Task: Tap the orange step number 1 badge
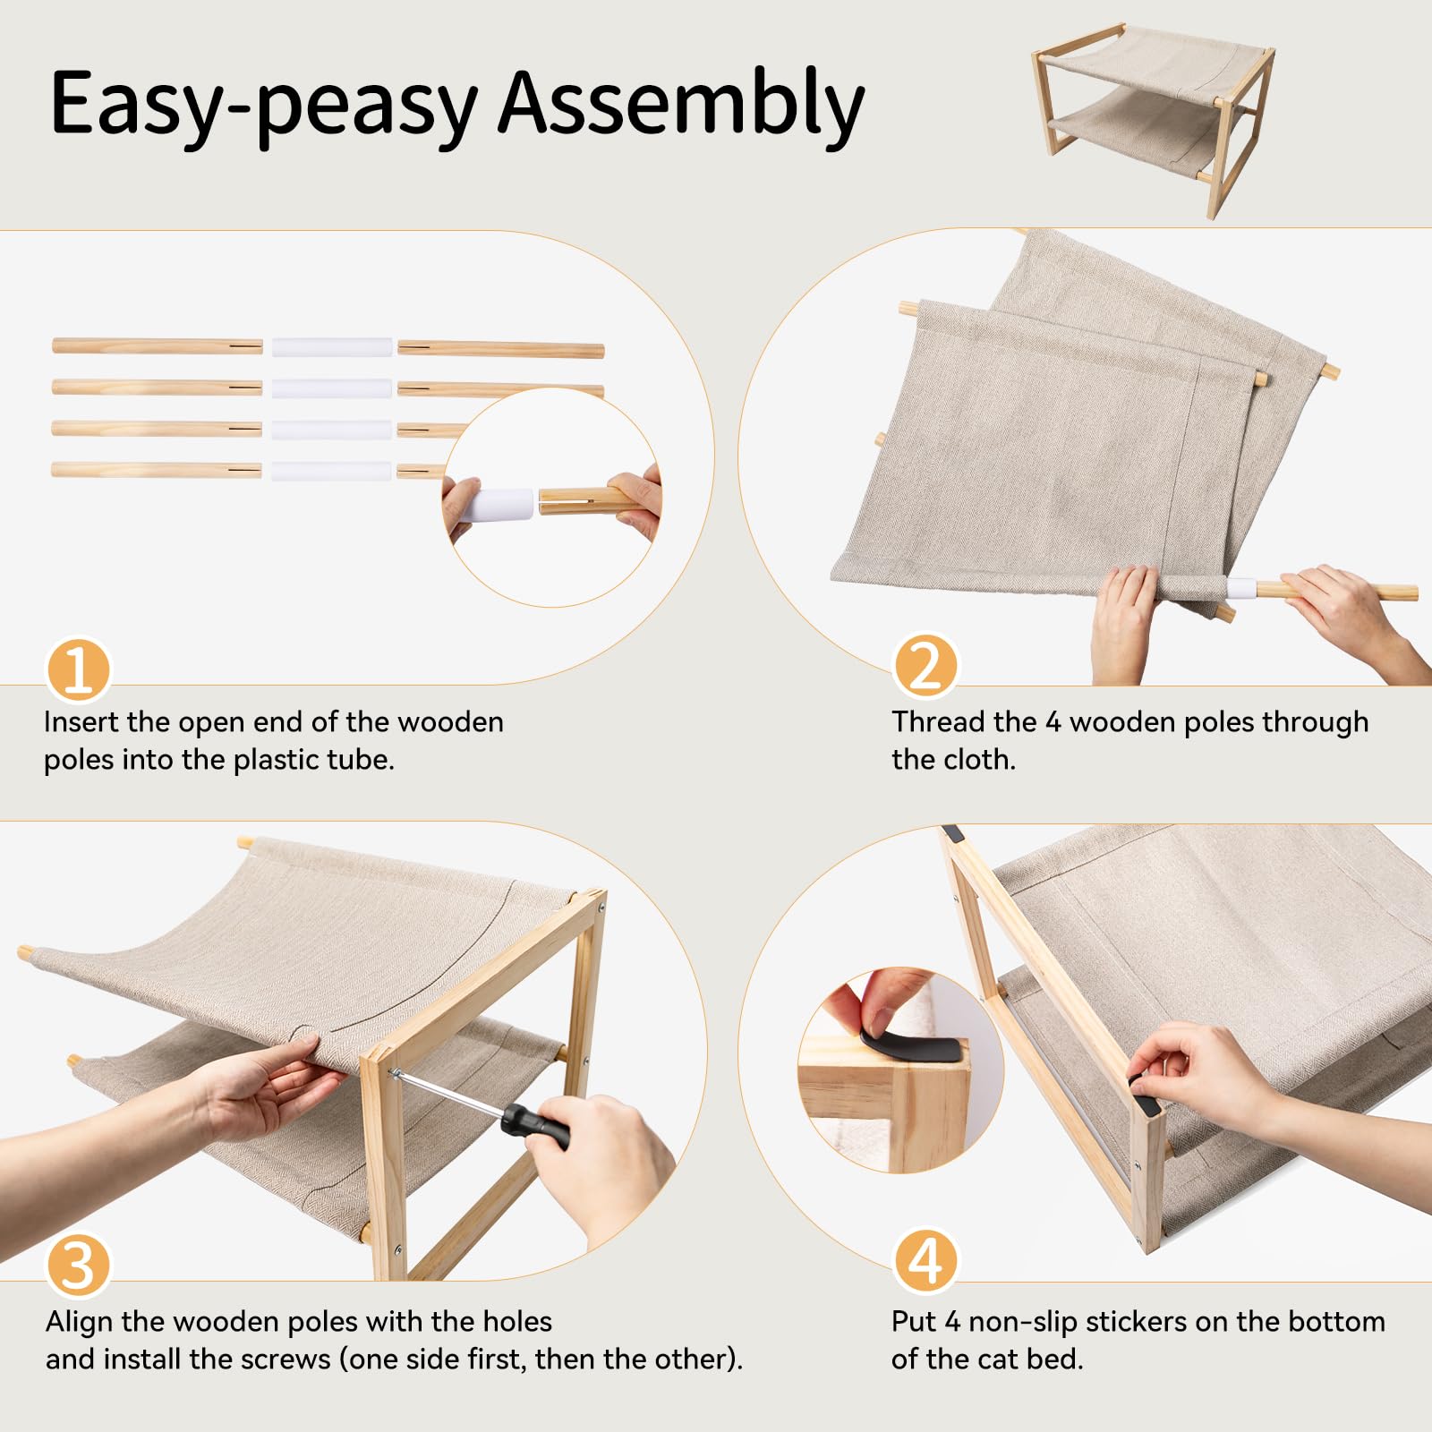(x=79, y=669)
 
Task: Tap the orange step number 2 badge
(x=925, y=667)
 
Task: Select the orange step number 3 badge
(x=79, y=1265)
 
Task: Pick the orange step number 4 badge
(x=925, y=1260)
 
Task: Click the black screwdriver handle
(x=534, y=1126)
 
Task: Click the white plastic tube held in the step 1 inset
(x=497, y=505)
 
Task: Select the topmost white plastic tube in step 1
(x=332, y=346)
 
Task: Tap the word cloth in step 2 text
(x=979, y=759)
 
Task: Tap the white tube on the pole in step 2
(x=1241, y=588)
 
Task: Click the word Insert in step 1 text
(x=81, y=721)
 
